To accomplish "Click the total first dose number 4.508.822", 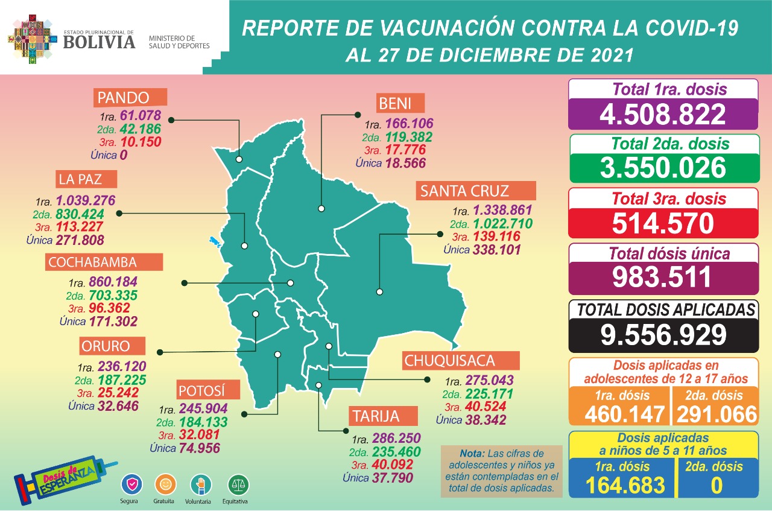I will click(662, 114).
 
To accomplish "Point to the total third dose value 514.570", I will click(662, 223).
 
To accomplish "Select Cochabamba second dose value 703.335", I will click(113, 295).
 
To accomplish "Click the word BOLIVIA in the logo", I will click(99, 42).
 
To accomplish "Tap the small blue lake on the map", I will click(214, 242).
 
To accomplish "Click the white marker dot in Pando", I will click(239, 160).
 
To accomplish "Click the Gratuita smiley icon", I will click(165, 484).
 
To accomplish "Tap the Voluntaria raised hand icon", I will click(201, 484).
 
